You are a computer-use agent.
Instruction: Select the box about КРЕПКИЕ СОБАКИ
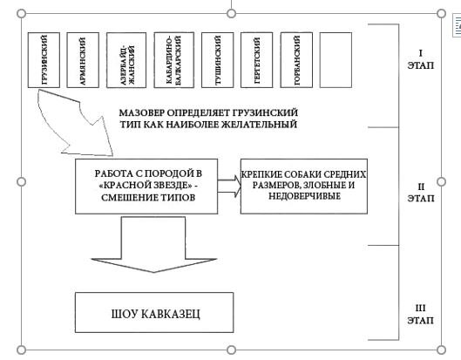coord(302,185)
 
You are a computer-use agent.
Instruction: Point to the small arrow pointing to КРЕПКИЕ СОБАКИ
coord(228,186)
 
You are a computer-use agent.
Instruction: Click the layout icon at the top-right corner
coord(456,25)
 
